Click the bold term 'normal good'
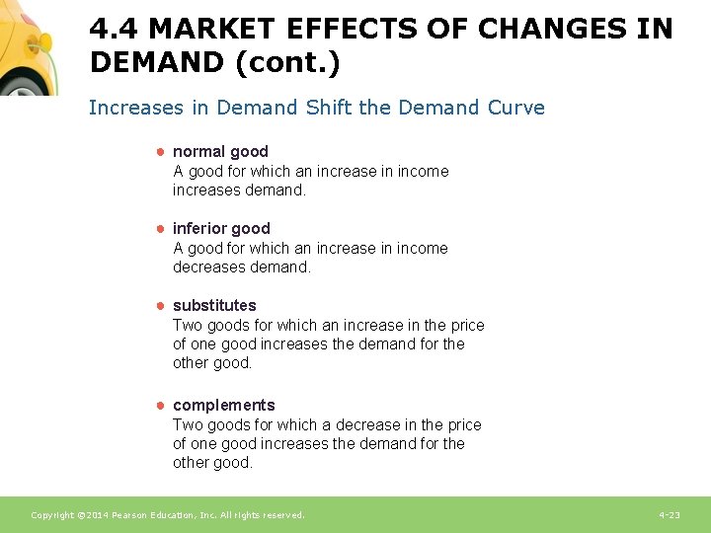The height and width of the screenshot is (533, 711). pos(220,151)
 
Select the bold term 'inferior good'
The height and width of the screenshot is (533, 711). pos(221,228)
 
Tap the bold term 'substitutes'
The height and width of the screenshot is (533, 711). pos(214,305)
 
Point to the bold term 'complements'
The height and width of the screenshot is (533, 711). pos(224,405)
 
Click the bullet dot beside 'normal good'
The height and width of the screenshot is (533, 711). pos(158,151)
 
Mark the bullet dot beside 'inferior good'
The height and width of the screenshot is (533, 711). pos(158,228)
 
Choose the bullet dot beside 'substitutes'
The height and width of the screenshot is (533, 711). pos(158,305)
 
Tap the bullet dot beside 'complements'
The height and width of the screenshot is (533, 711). pos(158,405)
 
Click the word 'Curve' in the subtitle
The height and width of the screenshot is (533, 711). pos(516,108)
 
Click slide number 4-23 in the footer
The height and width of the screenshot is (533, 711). pos(669,515)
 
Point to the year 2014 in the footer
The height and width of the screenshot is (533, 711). pos(89,515)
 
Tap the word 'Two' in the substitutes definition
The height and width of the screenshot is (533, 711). pos(187,325)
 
